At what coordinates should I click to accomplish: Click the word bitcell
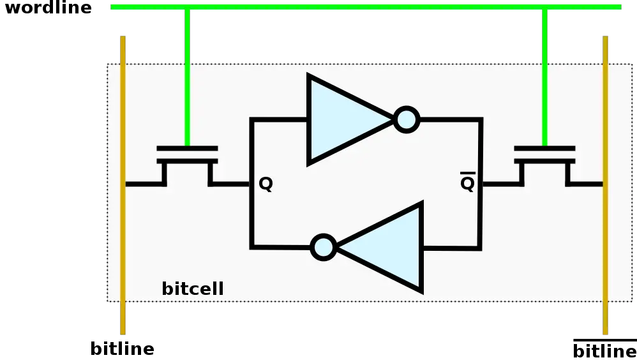pos(192,289)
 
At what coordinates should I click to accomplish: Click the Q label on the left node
pos(266,184)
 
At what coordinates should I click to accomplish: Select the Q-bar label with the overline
pos(467,184)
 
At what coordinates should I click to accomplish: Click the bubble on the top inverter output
pos(407,119)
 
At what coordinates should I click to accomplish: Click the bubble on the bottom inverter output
pos(324,247)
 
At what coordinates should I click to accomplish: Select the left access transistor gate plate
pos(187,149)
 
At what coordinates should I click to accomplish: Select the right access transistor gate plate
pos(544,149)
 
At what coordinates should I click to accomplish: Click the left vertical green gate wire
pos(187,77)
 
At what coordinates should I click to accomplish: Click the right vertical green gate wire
pos(544,77)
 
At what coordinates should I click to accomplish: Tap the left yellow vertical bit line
pos(123,255)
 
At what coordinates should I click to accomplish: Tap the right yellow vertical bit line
pos(606,255)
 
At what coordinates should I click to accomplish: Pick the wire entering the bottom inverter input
pos(451,248)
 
